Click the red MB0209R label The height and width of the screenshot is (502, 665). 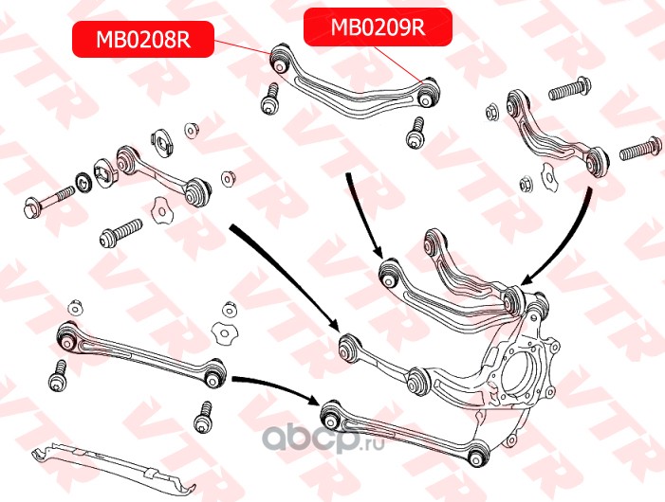[377, 27]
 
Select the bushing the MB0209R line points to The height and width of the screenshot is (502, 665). [428, 92]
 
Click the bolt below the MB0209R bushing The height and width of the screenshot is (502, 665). [414, 134]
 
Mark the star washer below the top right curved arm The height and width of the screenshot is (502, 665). [547, 176]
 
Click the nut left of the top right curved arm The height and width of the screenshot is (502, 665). [493, 113]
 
